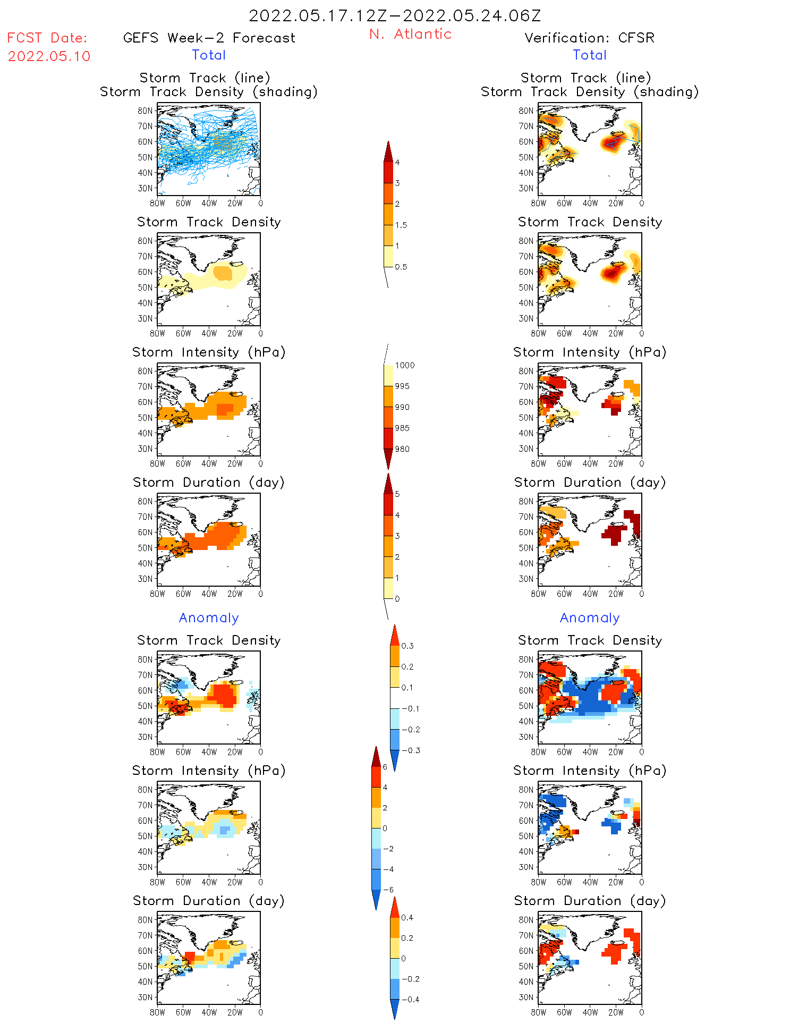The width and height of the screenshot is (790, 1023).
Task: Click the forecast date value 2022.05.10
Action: [49, 56]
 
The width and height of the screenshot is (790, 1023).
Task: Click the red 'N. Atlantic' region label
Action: [410, 34]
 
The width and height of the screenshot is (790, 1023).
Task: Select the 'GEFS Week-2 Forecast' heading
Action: [209, 38]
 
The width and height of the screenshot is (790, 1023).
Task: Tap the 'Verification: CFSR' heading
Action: [589, 38]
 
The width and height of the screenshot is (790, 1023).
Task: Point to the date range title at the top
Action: [395, 15]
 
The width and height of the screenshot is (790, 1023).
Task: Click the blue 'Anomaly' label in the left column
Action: [209, 618]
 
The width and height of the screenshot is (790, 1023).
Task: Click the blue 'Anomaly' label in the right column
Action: [590, 618]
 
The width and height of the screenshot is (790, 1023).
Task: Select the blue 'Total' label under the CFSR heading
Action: [590, 55]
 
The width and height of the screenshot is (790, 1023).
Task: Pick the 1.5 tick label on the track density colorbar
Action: [401, 225]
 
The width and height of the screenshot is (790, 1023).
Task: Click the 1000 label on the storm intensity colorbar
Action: [404, 365]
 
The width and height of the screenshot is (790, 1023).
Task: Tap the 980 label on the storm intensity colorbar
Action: [402, 449]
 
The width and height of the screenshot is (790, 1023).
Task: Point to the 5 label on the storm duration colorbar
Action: [397, 494]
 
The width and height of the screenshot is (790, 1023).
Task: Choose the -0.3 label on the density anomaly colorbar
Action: [411, 750]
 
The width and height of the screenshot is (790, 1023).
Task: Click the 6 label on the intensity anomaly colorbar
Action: [385, 767]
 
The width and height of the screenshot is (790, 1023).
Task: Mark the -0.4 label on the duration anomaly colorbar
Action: [410, 999]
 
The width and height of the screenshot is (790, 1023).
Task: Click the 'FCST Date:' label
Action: [47, 38]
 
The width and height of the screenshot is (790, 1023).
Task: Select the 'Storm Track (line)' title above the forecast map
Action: [205, 78]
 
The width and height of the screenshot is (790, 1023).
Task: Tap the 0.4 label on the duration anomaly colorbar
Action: [407, 917]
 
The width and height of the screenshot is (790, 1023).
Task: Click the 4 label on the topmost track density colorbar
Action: [397, 163]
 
